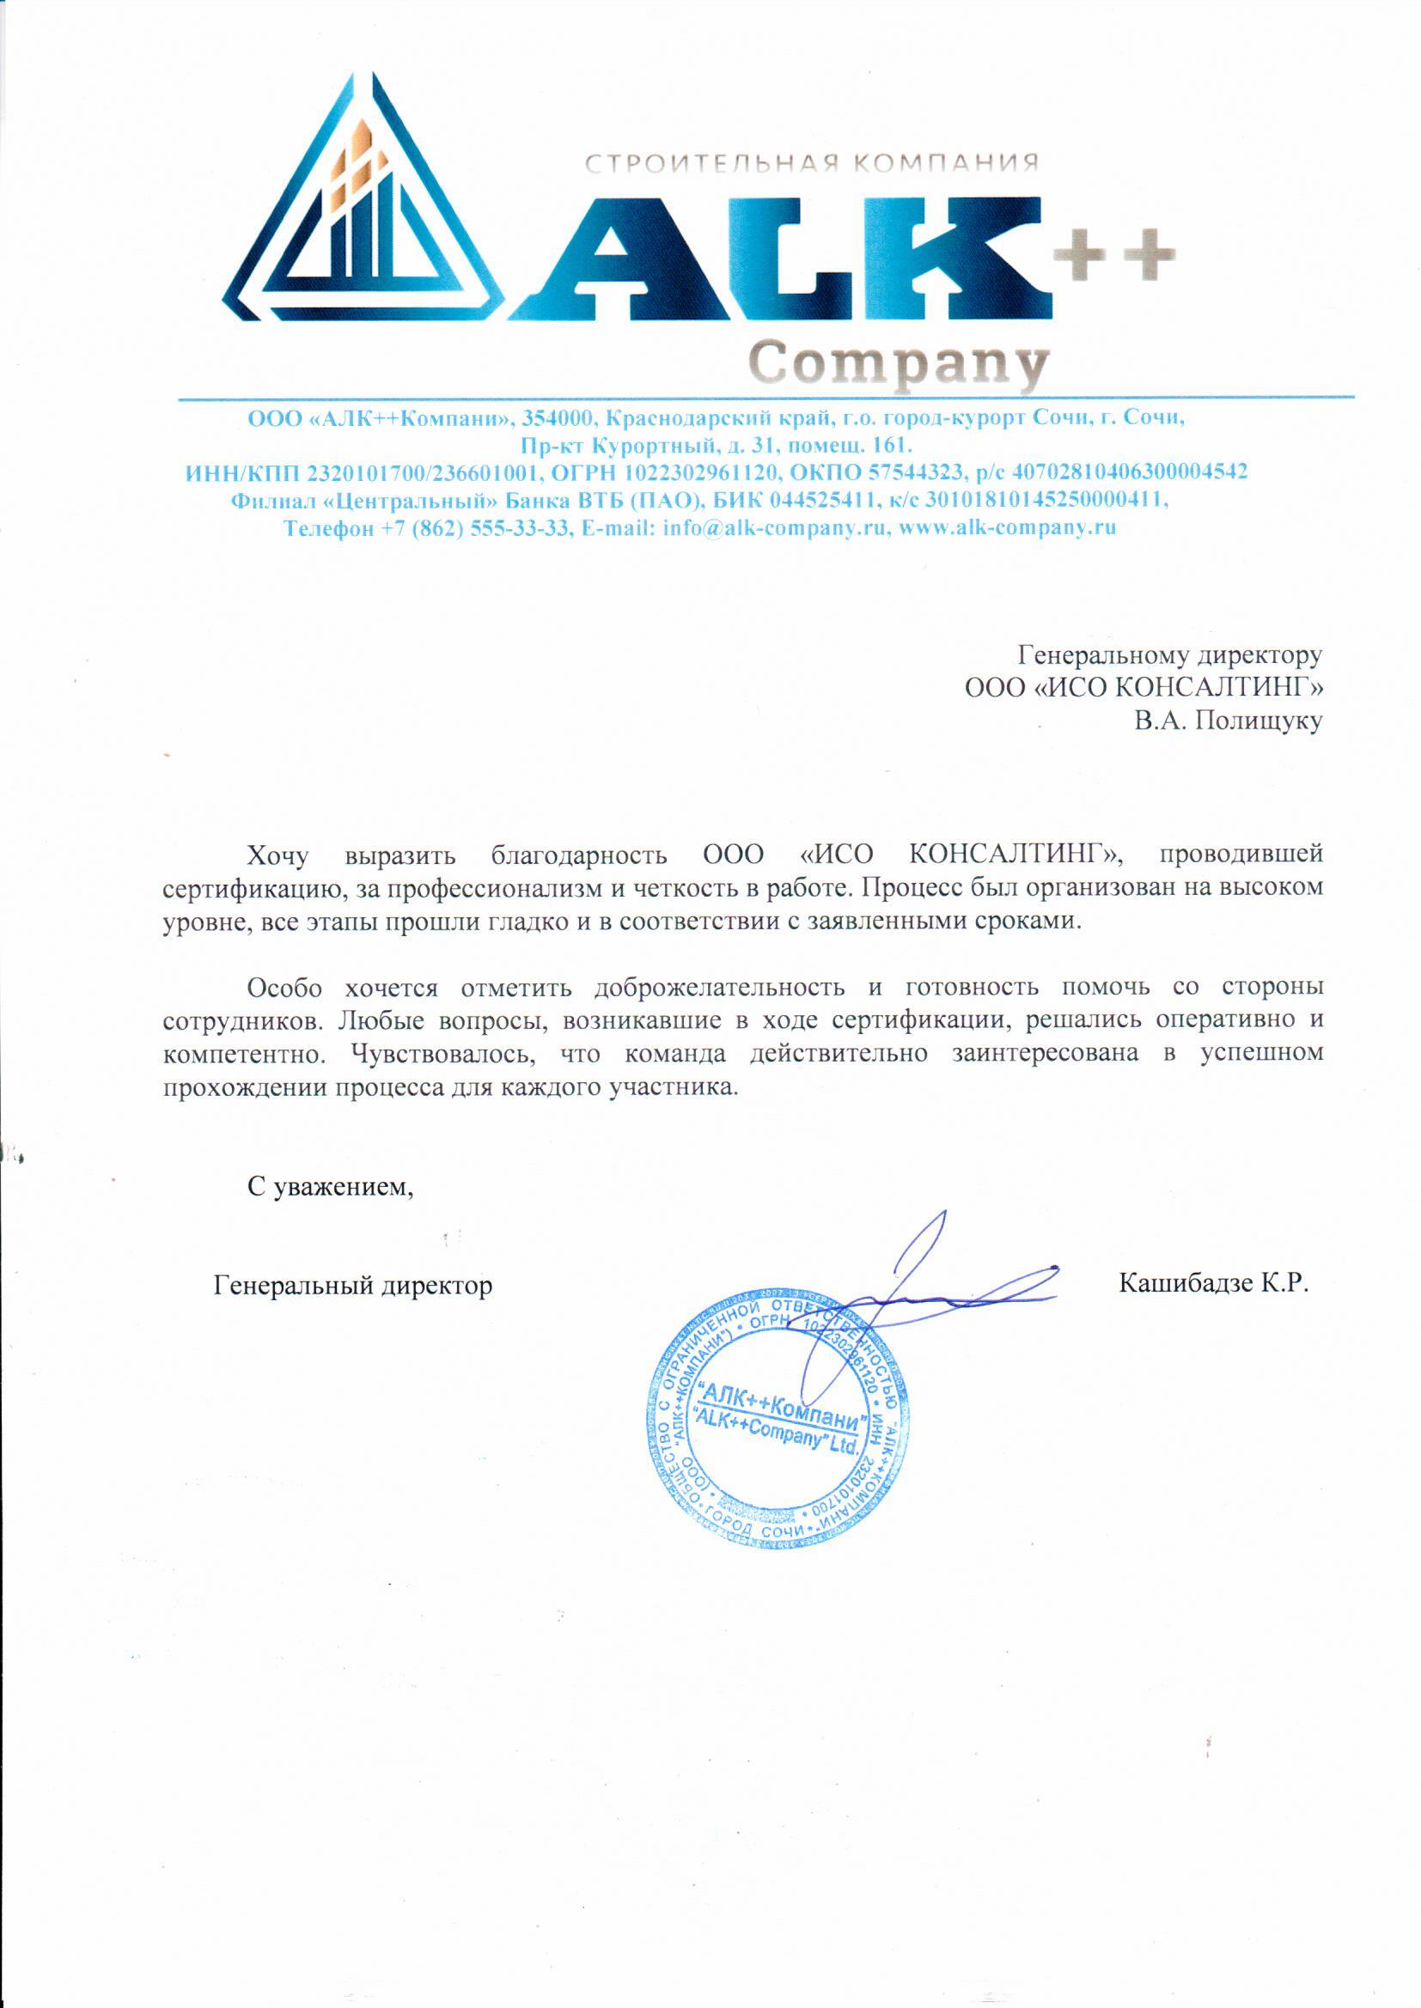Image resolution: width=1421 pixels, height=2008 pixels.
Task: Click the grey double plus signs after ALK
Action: tap(1115, 253)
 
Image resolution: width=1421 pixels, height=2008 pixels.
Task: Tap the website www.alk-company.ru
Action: tap(1007, 528)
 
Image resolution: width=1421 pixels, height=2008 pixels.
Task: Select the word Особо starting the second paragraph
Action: tap(284, 988)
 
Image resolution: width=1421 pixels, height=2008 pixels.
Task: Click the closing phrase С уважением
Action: tap(330, 1187)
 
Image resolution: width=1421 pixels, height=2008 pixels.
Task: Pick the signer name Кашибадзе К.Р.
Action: tap(1213, 1284)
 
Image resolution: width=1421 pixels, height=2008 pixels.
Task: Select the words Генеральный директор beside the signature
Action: tap(352, 1286)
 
